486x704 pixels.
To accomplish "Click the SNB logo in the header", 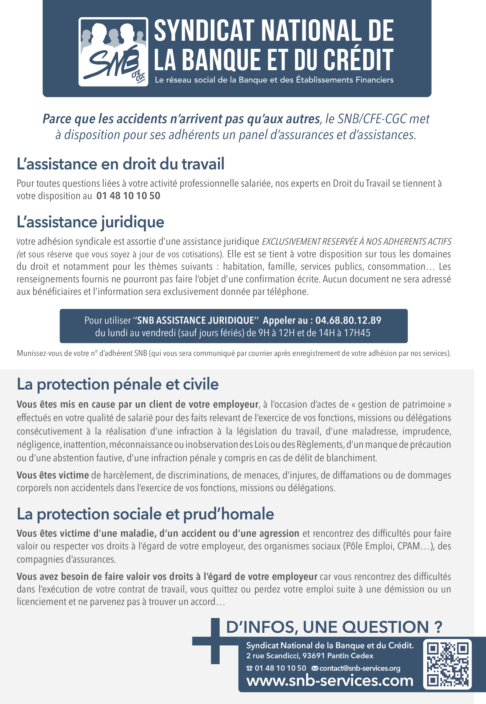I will click(x=113, y=52).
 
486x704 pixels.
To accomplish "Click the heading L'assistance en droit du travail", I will click(x=120, y=164).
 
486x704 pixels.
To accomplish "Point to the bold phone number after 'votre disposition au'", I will click(x=128, y=196).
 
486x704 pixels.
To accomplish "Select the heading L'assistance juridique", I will click(x=91, y=222).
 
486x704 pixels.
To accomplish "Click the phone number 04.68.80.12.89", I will click(x=348, y=320).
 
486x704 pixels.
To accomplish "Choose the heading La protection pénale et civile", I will click(x=118, y=384).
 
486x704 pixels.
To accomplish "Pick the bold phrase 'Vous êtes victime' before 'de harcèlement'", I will click(x=53, y=475).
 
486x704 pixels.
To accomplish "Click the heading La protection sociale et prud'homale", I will click(x=145, y=514).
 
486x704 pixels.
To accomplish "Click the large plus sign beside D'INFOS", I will click(x=215, y=641).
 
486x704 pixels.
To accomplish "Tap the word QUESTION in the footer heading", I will click(x=385, y=627).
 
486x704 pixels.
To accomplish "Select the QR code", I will click(x=447, y=664).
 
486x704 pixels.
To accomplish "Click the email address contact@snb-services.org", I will click(x=360, y=668).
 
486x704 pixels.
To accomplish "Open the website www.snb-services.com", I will click(x=330, y=681).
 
